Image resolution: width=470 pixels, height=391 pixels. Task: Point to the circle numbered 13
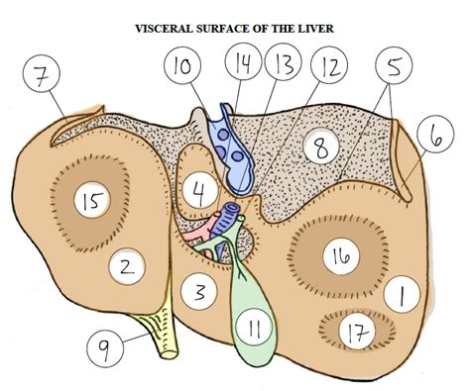pyautogui.click(x=284, y=67)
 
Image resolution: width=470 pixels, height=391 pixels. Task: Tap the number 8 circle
pyautogui.click(x=320, y=149)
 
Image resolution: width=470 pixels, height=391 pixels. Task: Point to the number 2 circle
pyautogui.click(x=126, y=266)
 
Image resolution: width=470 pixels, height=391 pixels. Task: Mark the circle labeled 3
pyautogui.click(x=199, y=292)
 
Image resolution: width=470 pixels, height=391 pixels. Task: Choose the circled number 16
pyautogui.click(x=340, y=256)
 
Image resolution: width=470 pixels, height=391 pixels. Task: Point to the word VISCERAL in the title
pyautogui.click(x=168, y=30)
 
